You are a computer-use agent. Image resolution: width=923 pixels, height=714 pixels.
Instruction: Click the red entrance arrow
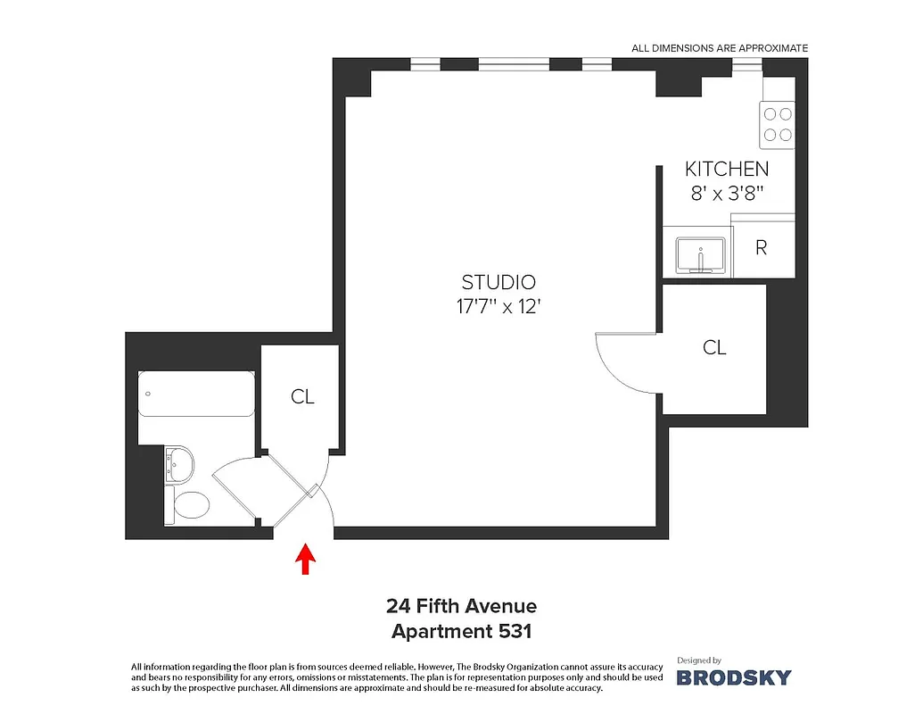click(306, 559)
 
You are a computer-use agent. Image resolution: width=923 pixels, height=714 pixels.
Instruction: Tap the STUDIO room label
click(499, 282)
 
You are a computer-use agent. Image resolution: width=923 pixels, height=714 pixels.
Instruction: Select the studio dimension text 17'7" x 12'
click(499, 306)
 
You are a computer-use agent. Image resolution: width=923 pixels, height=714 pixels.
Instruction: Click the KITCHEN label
click(726, 169)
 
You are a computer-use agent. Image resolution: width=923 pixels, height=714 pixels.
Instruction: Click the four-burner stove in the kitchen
click(777, 125)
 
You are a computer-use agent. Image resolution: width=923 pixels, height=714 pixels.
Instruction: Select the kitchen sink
click(700, 256)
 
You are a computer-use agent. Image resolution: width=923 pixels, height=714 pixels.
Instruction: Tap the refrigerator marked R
click(762, 248)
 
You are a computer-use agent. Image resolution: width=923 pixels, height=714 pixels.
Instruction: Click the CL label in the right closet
click(714, 347)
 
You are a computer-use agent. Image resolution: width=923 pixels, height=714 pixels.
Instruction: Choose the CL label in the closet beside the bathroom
click(302, 396)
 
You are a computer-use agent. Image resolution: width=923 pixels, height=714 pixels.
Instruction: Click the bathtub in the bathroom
click(196, 394)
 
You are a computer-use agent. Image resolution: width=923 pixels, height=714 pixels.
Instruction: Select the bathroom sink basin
click(181, 463)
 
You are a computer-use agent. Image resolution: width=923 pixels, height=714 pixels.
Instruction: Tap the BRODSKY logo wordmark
click(733, 677)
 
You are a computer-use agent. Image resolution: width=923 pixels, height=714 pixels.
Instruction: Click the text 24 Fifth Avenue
click(461, 607)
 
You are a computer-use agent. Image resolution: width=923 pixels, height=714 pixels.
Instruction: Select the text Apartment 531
click(461, 631)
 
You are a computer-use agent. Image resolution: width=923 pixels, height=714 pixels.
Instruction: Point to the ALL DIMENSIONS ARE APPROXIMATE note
click(719, 48)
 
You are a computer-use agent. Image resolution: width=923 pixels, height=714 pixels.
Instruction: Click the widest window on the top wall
click(513, 63)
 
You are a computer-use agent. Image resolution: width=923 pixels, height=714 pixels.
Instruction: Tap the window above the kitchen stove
click(746, 63)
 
